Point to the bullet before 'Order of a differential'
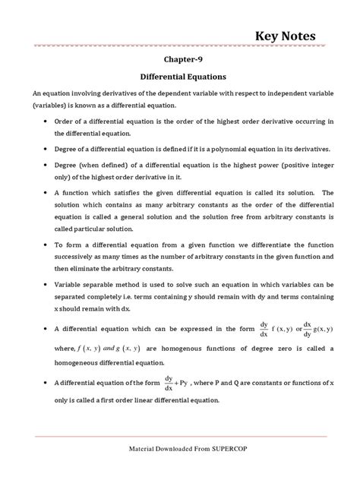pyautogui.click(x=48, y=121)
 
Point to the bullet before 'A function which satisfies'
pyautogui.click(x=48, y=192)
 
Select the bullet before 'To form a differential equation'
pyautogui.click(x=48, y=245)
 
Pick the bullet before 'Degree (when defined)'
pyautogui.click(x=48, y=165)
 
